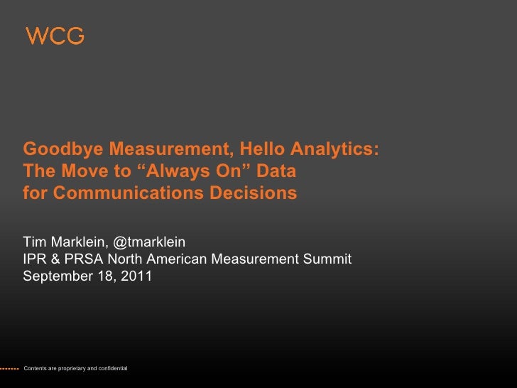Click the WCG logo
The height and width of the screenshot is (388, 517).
tap(55, 36)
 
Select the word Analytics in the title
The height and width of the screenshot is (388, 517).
tap(333, 150)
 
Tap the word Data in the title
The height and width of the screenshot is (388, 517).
tap(278, 171)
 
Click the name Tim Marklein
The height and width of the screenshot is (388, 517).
tap(64, 242)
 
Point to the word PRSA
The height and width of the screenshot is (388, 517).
tap(81, 259)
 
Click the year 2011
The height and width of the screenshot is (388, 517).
tap(136, 276)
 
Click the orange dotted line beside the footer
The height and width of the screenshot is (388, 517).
tap(9, 368)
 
